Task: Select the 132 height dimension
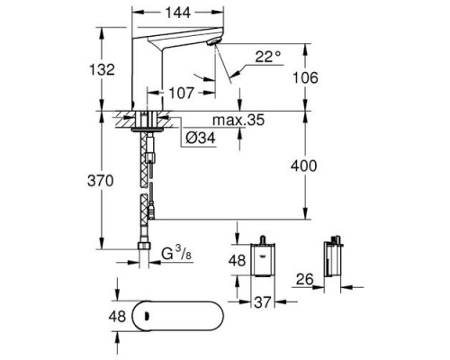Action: tap(103, 69)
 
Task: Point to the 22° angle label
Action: tap(268, 56)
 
